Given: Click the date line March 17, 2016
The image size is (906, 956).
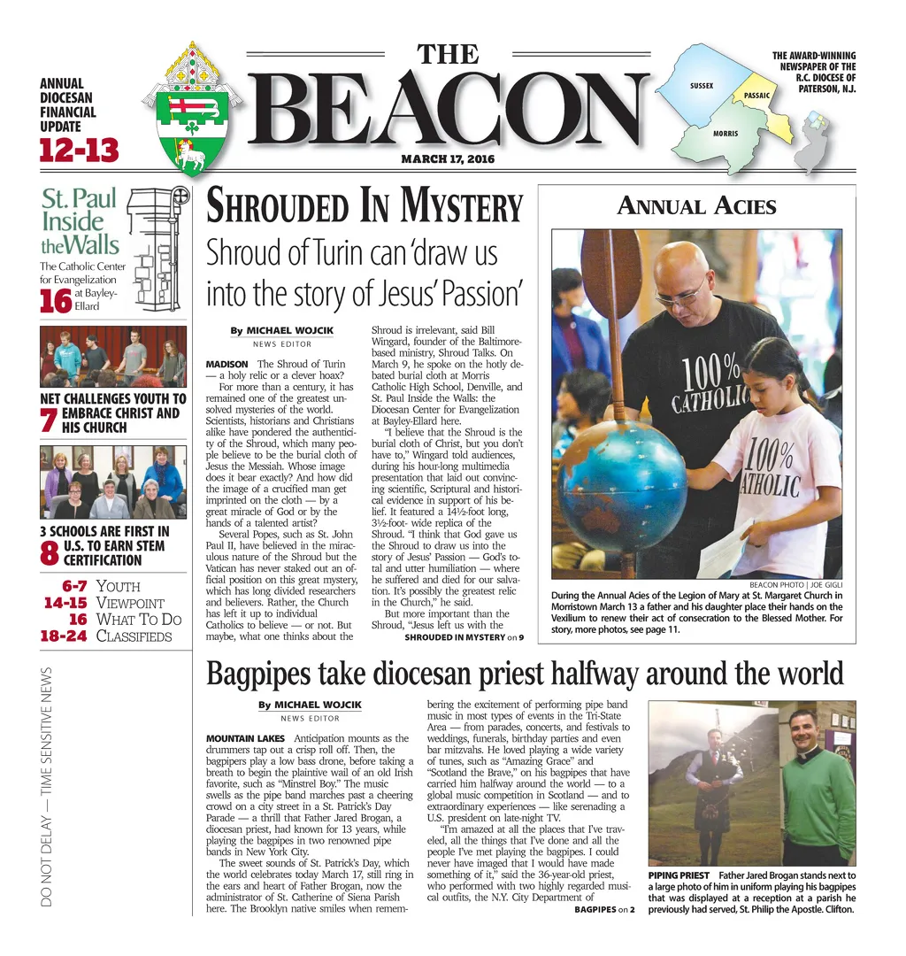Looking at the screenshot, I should pyautogui.click(x=448, y=159).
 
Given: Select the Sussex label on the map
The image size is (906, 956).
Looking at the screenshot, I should pyautogui.click(x=702, y=86).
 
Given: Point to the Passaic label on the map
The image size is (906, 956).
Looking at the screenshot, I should pyautogui.click(x=756, y=95).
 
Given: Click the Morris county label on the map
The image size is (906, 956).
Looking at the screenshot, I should pyautogui.click(x=726, y=134).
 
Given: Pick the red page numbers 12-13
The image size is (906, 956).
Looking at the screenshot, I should pyautogui.click(x=79, y=150).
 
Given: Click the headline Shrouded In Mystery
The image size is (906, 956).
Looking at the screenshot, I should pyautogui.click(x=364, y=206).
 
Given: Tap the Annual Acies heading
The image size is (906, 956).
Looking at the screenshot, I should pyautogui.click(x=696, y=207).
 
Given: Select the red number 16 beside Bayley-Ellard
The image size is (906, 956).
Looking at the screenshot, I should pyautogui.click(x=55, y=301).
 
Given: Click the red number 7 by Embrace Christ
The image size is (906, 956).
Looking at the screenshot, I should pyautogui.click(x=49, y=420).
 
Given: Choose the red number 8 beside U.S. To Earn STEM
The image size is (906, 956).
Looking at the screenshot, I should pyautogui.click(x=50, y=553).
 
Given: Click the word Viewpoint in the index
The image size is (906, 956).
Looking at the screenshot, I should pyautogui.click(x=129, y=603).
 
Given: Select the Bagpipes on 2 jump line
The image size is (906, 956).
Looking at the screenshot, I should pyautogui.click(x=604, y=909).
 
